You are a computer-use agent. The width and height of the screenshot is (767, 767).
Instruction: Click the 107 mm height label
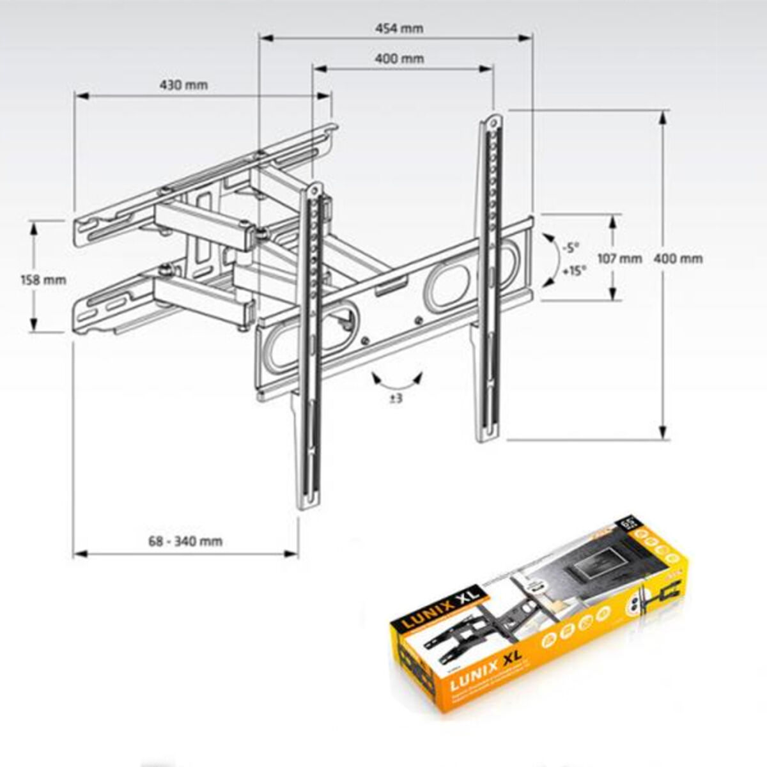click(x=619, y=259)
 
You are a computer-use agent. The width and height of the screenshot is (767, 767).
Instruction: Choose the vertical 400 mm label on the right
click(x=681, y=259)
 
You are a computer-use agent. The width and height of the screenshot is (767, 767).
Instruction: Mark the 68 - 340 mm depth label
click(x=185, y=541)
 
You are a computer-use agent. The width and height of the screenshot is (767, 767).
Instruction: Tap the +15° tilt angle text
click(x=573, y=271)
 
